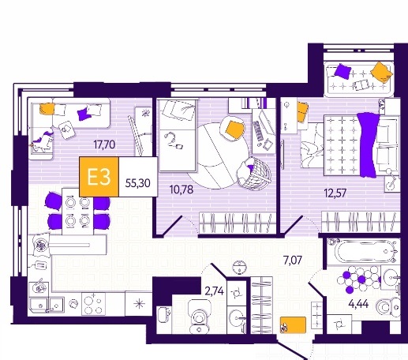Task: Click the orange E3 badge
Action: pos(99,177)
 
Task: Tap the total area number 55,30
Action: pos(138,183)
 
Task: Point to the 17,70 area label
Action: pos(104,144)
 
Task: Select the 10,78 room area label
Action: pos(182,189)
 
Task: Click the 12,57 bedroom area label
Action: pos(335,193)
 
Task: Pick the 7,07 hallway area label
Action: pos(292,261)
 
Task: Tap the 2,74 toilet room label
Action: pos(215,291)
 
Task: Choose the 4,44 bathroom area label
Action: pos(358,304)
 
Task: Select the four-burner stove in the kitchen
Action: pos(93,304)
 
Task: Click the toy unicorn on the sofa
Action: pos(42,141)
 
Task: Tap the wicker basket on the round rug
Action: pos(255,172)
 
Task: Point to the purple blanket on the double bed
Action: pos(368,144)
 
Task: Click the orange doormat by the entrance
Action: pos(293,325)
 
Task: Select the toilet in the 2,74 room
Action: pos(198,317)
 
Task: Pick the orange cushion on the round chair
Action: pos(234,129)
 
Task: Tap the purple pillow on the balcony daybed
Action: pos(342,71)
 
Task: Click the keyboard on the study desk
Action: pos(258,131)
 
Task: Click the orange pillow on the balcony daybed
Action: pos(381,72)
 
